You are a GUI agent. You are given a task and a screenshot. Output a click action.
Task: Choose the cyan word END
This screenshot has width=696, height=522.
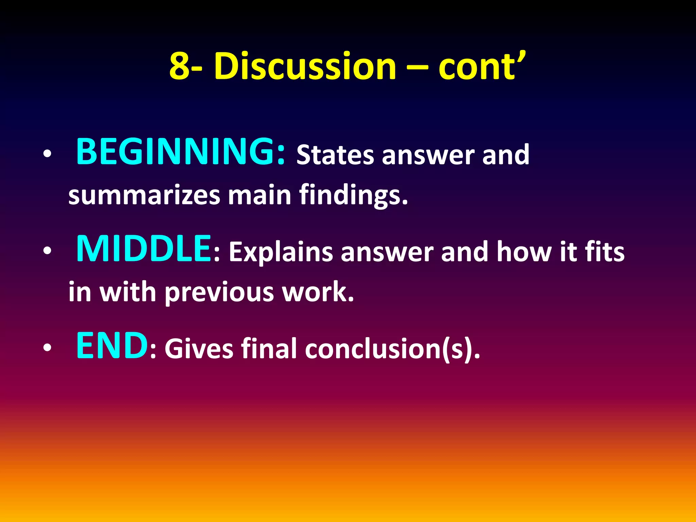(x=112, y=346)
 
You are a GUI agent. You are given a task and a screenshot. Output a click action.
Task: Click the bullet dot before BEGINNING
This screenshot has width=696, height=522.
(x=47, y=154)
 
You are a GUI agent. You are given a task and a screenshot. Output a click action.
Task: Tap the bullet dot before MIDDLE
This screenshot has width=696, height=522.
(x=47, y=251)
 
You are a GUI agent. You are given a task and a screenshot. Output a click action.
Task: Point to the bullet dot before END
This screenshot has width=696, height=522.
(x=47, y=348)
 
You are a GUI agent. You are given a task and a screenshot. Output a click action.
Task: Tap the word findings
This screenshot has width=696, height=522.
(x=353, y=196)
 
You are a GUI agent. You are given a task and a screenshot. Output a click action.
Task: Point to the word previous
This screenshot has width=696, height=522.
(x=220, y=292)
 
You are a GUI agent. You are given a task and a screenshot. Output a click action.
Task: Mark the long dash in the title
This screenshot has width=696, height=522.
(x=417, y=67)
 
